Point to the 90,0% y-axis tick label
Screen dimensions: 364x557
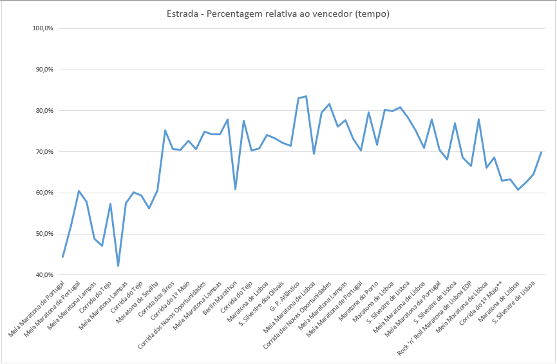pos(42,70)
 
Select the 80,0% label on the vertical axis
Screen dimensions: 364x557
pos(42,111)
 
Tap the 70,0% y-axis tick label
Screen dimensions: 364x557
pos(42,152)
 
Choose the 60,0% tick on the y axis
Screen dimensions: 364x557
pos(42,193)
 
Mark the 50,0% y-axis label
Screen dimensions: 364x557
pos(42,234)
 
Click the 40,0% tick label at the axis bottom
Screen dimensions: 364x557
pos(42,275)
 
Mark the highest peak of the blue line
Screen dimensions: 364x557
pos(306,96)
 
